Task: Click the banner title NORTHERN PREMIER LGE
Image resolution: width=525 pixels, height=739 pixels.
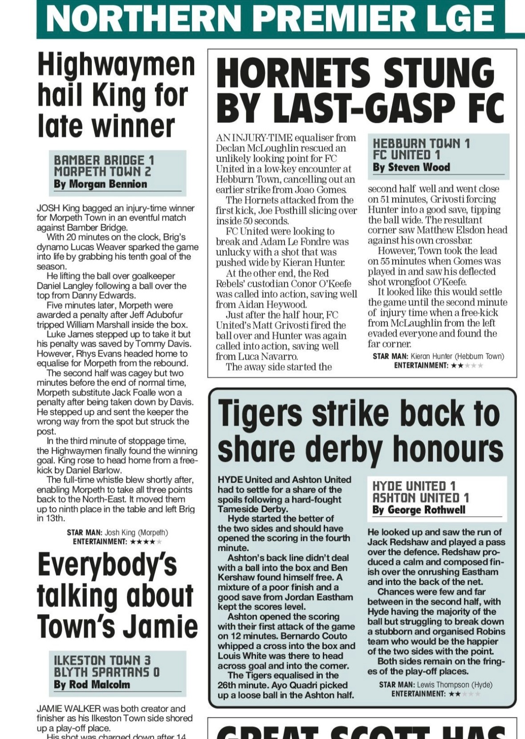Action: point(270,18)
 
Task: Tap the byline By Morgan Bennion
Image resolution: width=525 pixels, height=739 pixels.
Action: point(100,184)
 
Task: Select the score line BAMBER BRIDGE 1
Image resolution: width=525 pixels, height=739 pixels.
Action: point(104,160)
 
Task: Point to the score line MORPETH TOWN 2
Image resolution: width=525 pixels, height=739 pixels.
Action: point(102,172)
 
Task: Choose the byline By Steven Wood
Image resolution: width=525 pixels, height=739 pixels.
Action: point(411,168)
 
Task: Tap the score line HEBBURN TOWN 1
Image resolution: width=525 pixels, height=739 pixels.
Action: point(421,144)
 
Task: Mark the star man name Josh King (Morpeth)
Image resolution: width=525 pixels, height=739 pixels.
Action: point(136,533)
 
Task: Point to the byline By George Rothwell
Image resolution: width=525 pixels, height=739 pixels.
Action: point(419,510)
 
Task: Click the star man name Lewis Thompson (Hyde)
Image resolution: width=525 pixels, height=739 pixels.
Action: point(455,685)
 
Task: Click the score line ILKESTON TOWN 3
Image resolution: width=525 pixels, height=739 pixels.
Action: point(102,661)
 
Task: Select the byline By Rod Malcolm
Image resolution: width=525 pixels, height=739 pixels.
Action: point(92,685)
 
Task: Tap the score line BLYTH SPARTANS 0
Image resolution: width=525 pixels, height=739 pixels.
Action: point(106,672)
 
